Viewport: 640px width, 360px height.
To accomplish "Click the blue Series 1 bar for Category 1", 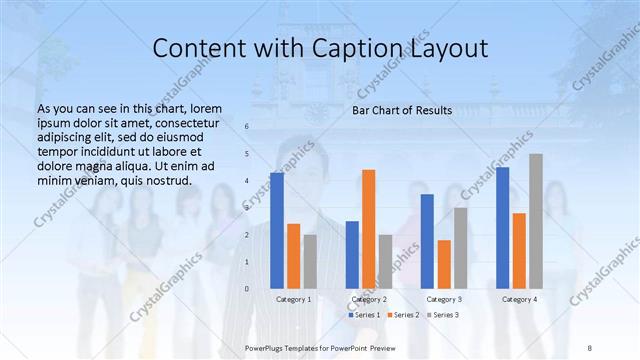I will pos(277,231).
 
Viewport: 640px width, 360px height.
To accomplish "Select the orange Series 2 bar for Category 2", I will pos(369,229).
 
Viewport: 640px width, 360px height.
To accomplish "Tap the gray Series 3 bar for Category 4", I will pos(536,221).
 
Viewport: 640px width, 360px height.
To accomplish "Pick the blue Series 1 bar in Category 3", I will pos(427,241).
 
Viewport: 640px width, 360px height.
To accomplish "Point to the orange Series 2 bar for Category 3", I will pos(444,264).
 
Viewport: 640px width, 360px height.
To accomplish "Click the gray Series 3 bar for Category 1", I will pos(310,262).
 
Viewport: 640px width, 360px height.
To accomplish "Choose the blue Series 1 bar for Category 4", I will pos(502,228).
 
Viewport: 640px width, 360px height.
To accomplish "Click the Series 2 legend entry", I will pos(403,315).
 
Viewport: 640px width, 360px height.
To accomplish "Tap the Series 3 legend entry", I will pos(442,315).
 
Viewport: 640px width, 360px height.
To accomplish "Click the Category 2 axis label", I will pos(369,299).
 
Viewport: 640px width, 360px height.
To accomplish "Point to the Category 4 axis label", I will pos(519,299).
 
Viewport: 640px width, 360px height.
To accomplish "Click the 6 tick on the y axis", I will pos(247,127).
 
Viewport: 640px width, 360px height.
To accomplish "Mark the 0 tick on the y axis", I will pos(247,289).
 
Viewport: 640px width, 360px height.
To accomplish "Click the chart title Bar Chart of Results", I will pos(402,110).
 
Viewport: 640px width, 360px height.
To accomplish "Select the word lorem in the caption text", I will pos(205,108).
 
